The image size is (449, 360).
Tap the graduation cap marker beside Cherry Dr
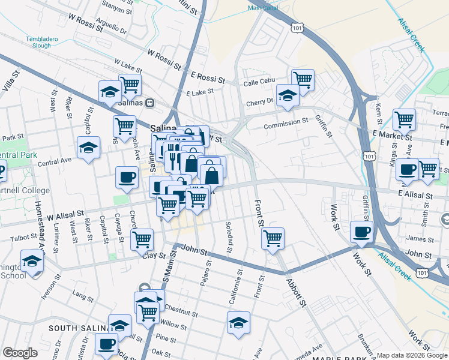[x=288, y=95]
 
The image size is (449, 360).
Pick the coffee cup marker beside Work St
[x=361, y=231]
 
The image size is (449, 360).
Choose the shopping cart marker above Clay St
[x=142, y=239]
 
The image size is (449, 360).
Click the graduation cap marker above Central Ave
[x=88, y=147]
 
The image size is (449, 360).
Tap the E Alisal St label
[x=414, y=196]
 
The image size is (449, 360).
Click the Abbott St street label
[x=297, y=292]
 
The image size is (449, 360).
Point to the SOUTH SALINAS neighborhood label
[x=78, y=328]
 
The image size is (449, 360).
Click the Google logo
[x=20, y=353]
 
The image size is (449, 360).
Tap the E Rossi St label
[x=208, y=79]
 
